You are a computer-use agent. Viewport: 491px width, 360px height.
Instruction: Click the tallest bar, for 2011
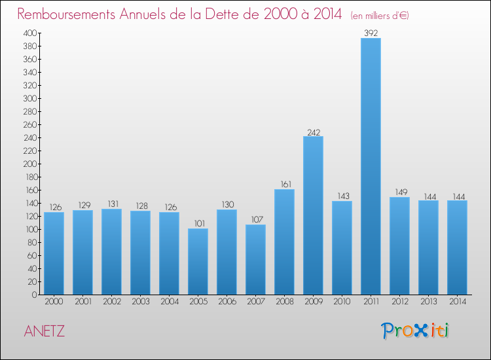click(371, 166)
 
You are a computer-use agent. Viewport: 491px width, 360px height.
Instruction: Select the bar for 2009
click(313, 215)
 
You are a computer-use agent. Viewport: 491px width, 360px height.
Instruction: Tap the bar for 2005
click(198, 261)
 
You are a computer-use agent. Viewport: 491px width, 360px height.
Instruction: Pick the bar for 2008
click(284, 242)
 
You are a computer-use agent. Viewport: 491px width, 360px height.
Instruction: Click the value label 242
click(313, 131)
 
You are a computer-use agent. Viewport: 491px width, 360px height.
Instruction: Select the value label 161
click(284, 184)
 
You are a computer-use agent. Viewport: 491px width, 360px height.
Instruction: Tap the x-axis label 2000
click(54, 302)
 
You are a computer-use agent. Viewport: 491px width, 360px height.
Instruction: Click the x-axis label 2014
click(457, 302)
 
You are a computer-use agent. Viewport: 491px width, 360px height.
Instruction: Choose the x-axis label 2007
click(255, 302)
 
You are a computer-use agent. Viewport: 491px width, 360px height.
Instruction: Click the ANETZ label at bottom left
click(45, 331)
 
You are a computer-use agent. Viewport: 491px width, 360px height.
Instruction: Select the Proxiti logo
click(414, 331)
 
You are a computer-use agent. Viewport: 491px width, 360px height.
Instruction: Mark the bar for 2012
click(399, 245)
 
